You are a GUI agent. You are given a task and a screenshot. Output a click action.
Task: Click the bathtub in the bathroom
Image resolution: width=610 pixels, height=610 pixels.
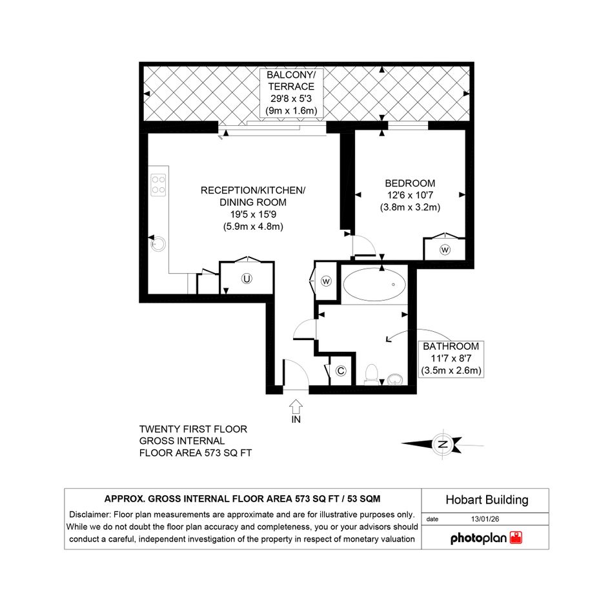tap(374, 285)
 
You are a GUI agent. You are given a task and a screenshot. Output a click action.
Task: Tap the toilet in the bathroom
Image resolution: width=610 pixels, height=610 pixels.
tap(372, 374)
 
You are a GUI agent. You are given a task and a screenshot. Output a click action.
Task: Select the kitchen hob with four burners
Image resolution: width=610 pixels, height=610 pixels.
tap(158, 185)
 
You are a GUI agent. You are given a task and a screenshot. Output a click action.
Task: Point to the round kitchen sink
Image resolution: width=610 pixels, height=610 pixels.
tap(158, 244)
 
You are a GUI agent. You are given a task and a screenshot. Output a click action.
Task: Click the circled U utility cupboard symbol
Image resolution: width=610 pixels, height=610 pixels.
tap(247, 279)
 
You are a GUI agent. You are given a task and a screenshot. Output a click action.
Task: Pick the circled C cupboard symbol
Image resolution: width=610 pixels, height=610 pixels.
tap(341, 371)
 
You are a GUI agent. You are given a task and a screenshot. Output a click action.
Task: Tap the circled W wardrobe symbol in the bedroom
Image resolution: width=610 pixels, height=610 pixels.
tap(445, 249)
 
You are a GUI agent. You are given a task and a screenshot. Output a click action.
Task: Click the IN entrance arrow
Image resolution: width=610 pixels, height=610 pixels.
tap(296, 407)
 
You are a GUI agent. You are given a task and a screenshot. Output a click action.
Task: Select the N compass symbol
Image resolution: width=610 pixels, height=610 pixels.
tap(443, 444)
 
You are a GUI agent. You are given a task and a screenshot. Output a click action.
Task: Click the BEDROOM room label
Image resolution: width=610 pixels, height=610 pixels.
tap(410, 183)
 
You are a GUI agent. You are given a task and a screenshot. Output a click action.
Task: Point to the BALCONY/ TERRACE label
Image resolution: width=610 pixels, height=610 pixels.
tap(291, 81)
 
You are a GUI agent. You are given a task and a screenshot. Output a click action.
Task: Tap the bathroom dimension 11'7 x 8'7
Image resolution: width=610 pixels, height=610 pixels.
tap(451, 358)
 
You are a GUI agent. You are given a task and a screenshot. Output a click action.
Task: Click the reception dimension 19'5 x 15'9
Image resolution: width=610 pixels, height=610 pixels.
tap(253, 214)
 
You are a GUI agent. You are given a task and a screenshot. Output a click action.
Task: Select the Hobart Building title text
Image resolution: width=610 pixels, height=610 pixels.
tap(487, 500)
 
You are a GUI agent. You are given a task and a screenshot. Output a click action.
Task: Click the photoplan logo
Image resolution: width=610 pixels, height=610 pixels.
tap(486, 538)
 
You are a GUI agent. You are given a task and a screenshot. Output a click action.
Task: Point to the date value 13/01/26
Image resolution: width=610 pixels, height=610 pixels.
tap(485, 519)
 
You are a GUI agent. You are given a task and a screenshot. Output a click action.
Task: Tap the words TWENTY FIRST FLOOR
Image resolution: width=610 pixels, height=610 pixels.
tap(194, 429)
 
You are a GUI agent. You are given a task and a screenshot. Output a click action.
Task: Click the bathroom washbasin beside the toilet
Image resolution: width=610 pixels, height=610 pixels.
tap(395, 380)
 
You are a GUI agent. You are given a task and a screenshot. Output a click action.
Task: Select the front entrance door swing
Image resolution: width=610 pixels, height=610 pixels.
tap(296, 374)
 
